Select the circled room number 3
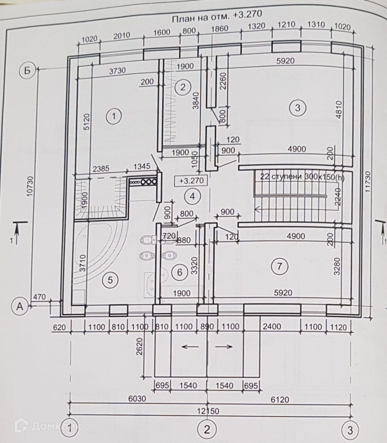(297, 108)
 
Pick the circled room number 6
(180, 272)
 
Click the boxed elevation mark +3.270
(191, 180)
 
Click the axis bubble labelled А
(20, 306)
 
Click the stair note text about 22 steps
(302, 177)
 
